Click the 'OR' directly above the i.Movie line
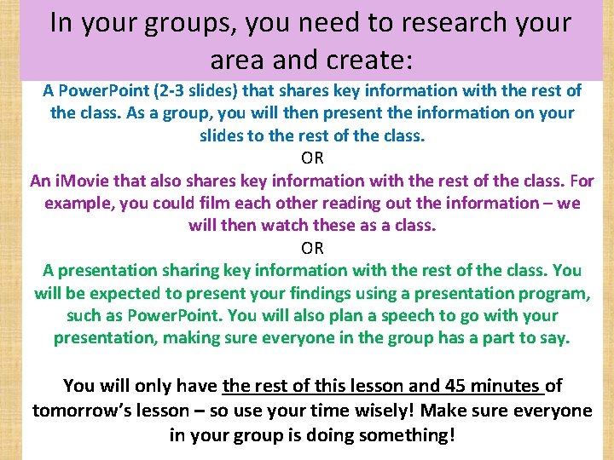tap(312, 158)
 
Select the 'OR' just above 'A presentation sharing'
tap(312, 248)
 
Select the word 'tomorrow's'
tap(81, 411)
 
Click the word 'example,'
tap(84, 203)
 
